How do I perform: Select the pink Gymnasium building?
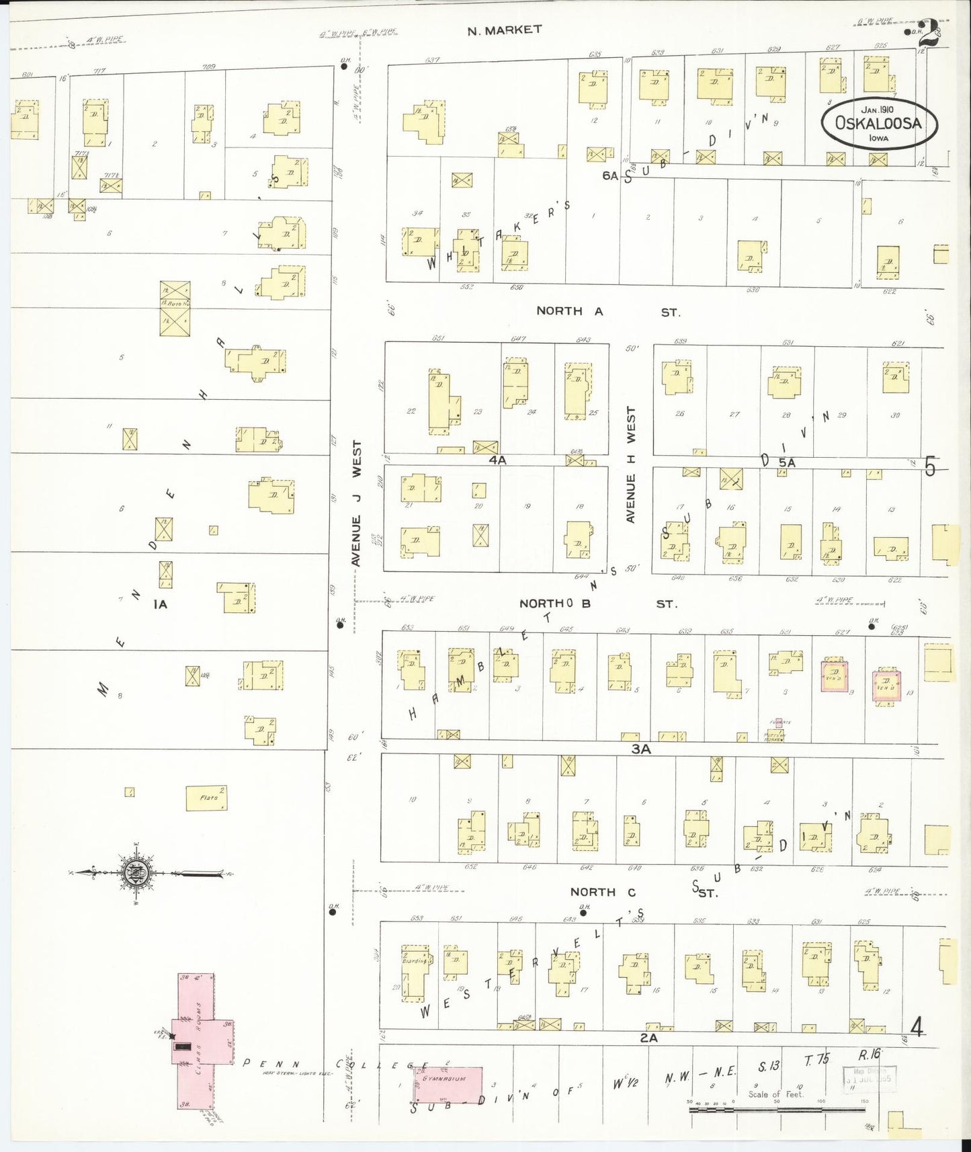point(448,1085)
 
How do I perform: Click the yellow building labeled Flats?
point(206,798)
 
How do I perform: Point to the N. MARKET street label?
point(504,30)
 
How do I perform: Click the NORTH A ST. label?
point(607,312)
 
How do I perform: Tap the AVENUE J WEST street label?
point(357,503)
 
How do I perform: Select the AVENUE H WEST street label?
point(630,464)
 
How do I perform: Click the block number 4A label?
point(497,460)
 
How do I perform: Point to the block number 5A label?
point(787,462)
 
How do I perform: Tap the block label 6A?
point(609,175)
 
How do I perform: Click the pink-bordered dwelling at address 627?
point(834,676)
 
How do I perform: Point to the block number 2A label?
point(648,1038)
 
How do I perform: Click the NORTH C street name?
point(593,892)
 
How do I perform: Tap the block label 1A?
point(160,604)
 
